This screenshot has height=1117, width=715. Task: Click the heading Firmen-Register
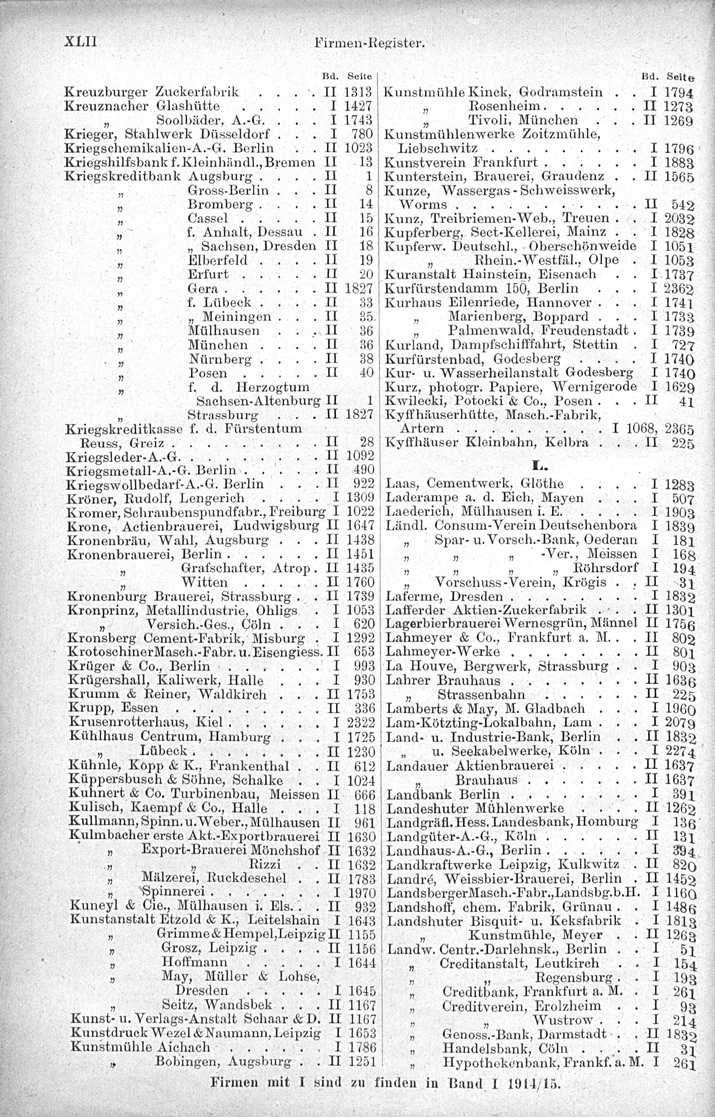[369, 44]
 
